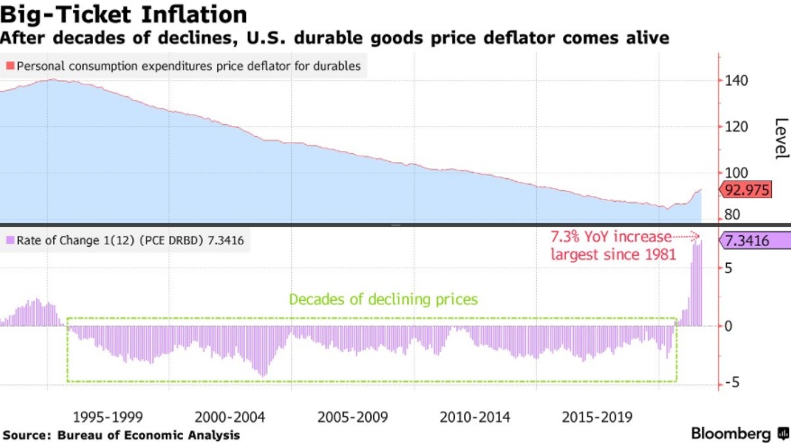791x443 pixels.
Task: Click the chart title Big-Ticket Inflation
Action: (123, 15)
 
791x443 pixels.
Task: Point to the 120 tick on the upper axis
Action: (736, 127)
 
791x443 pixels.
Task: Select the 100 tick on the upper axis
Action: (736, 173)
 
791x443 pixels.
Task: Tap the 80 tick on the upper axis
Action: (732, 214)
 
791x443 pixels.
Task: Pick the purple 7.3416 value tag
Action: (750, 240)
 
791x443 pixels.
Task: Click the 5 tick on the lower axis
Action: (730, 268)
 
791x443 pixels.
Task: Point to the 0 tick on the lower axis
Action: (730, 326)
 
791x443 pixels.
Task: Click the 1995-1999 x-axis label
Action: (109, 418)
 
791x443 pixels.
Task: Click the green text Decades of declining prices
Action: (383, 299)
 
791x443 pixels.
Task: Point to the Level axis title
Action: (779, 140)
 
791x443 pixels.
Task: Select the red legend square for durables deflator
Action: (10, 66)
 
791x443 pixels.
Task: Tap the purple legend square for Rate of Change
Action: (10, 240)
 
